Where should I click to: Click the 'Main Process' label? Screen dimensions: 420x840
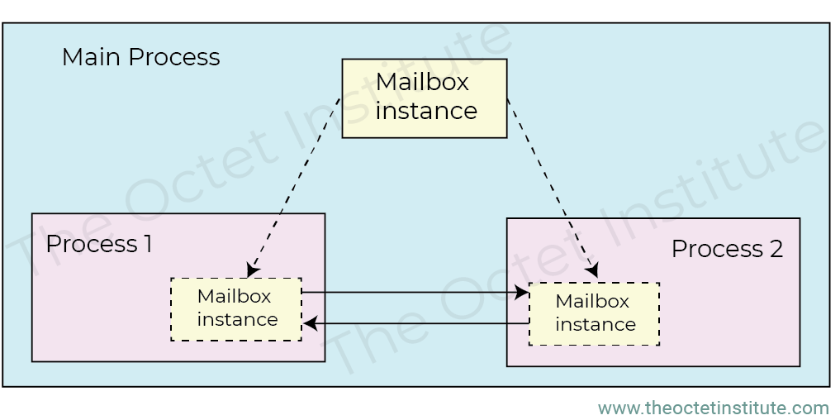click(x=140, y=57)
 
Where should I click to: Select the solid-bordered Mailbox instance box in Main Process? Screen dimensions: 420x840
click(x=425, y=98)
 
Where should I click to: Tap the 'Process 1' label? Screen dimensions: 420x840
click(x=98, y=244)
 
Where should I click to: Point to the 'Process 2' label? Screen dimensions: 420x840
click(x=727, y=248)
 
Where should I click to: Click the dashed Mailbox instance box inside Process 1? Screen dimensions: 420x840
click(x=236, y=308)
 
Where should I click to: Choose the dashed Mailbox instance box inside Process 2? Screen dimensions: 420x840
click(x=594, y=313)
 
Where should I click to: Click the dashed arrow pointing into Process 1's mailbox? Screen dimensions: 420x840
click(x=296, y=186)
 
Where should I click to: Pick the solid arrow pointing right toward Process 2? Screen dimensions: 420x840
click(x=413, y=292)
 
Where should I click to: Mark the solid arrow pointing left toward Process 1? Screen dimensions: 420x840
click(x=417, y=324)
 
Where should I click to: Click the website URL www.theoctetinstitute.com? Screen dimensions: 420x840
click(x=713, y=408)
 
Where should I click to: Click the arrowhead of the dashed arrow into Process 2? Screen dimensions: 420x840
click(x=592, y=270)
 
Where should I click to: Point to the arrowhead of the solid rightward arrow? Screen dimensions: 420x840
click(x=522, y=292)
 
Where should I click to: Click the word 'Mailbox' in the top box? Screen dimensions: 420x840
click(x=422, y=83)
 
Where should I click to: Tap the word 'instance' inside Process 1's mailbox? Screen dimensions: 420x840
click(x=237, y=319)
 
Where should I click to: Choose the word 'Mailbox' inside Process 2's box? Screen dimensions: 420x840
click(x=592, y=301)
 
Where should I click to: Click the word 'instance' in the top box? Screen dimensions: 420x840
click(x=426, y=111)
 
